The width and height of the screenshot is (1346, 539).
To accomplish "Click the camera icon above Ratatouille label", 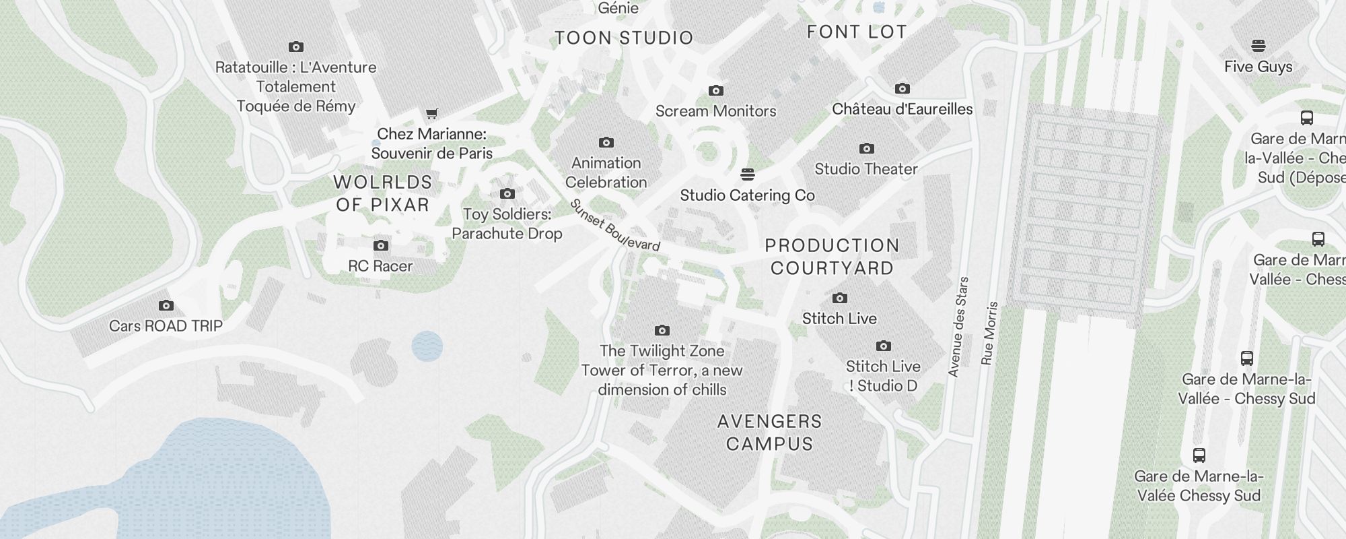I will point(295,46).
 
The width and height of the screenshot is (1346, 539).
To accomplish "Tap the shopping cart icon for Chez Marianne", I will point(432,113).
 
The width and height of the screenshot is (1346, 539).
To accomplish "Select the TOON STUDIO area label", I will point(624,38).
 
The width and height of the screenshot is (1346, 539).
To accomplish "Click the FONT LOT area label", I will point(857,32).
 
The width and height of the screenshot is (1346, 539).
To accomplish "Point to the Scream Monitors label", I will point(715,111).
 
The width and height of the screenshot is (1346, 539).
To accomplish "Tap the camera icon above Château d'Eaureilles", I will point(902,88).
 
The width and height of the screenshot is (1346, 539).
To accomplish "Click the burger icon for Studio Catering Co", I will point(747,175).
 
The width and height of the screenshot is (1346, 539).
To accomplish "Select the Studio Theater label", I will point(866,169).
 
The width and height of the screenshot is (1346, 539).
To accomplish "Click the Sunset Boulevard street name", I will point(614,226).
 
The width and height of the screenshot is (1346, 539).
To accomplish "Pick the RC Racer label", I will point(380,266).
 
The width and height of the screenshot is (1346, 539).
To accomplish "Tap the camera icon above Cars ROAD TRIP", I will point(166,306).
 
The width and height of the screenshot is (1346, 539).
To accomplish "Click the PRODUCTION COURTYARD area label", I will point(832,257).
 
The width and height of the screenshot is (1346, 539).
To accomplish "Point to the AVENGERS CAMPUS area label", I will point(769,433).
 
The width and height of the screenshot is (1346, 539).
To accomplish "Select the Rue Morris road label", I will point(989,334).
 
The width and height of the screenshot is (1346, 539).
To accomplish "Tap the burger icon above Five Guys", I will point(1258,46).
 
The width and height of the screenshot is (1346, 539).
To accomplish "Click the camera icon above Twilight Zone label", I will point(662,330).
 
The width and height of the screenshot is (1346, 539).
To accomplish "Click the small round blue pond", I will point(427,346).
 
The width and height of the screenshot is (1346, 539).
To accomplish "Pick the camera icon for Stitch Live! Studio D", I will point(883,346).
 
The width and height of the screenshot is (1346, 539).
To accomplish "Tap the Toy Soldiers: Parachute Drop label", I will point(507,224).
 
